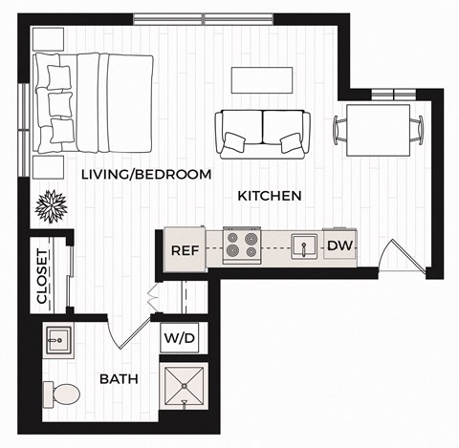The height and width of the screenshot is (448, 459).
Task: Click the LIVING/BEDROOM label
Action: click(146, 174)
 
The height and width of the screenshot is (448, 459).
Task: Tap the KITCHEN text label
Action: click(270, 195)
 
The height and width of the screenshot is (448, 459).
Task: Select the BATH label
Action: click(120, 379)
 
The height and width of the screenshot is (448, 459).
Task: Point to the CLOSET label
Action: click(42, 276)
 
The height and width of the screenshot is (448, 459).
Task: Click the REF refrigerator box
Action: click(185, 250)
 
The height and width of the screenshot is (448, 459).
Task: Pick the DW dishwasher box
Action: click(339, 245)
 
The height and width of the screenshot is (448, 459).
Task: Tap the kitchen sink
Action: click(304, 245)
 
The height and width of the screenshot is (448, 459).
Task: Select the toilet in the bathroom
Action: click(62, 392)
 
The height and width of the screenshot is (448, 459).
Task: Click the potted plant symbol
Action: click(50, 203)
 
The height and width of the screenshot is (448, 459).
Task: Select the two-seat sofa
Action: click(262, 132)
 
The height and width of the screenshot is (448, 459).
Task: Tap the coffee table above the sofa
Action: click(261, 78)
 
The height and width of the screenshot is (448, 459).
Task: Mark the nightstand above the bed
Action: click(47, 40)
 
